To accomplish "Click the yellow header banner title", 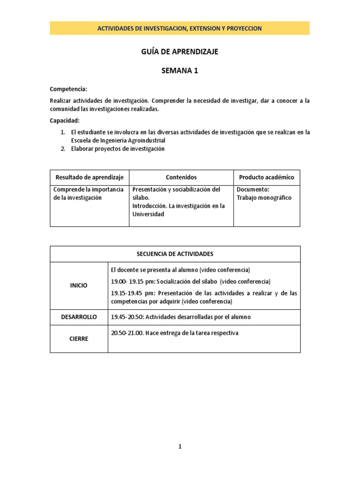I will (x=180, y=29).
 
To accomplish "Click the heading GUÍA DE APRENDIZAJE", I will (x=180, y=52).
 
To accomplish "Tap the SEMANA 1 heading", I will (x=180, y=71).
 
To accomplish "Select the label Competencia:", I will (x=68, y=89).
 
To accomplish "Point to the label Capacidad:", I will (x=65, y=120).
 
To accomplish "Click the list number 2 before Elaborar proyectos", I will (x=63, y=149).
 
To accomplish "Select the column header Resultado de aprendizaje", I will (x=90, y=177).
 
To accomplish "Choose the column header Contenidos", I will (x=181, y=177).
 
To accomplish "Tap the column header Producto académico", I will (x=266, y=177).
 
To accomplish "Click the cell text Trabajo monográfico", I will (x=264, y=197).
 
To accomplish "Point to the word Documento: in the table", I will (x=253, y=189).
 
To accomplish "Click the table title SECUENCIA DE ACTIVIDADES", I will (x=175, y=254).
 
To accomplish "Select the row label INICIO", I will (x=79, y=285).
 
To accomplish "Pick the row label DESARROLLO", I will (x=79, y=317).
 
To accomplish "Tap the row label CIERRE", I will (x=79, y=338).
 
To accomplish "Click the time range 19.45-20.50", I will (x=127, y=317).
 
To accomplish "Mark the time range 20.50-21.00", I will (x=127, y=333).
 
